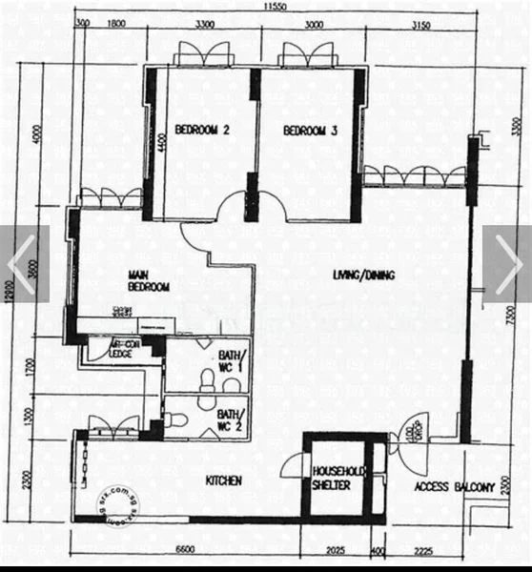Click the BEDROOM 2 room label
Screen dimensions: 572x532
(201, 132)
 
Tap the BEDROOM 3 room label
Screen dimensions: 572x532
(310, 132)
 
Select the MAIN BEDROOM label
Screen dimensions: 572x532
(149, 281)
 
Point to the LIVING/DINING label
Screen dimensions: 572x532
(363, 276)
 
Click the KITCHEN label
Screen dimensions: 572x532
(223, 481)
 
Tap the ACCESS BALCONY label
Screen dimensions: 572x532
(454, 487)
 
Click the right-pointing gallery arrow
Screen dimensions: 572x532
(507, 263)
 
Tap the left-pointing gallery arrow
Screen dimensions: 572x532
(21, 263)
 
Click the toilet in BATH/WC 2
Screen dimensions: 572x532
(173, 419)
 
